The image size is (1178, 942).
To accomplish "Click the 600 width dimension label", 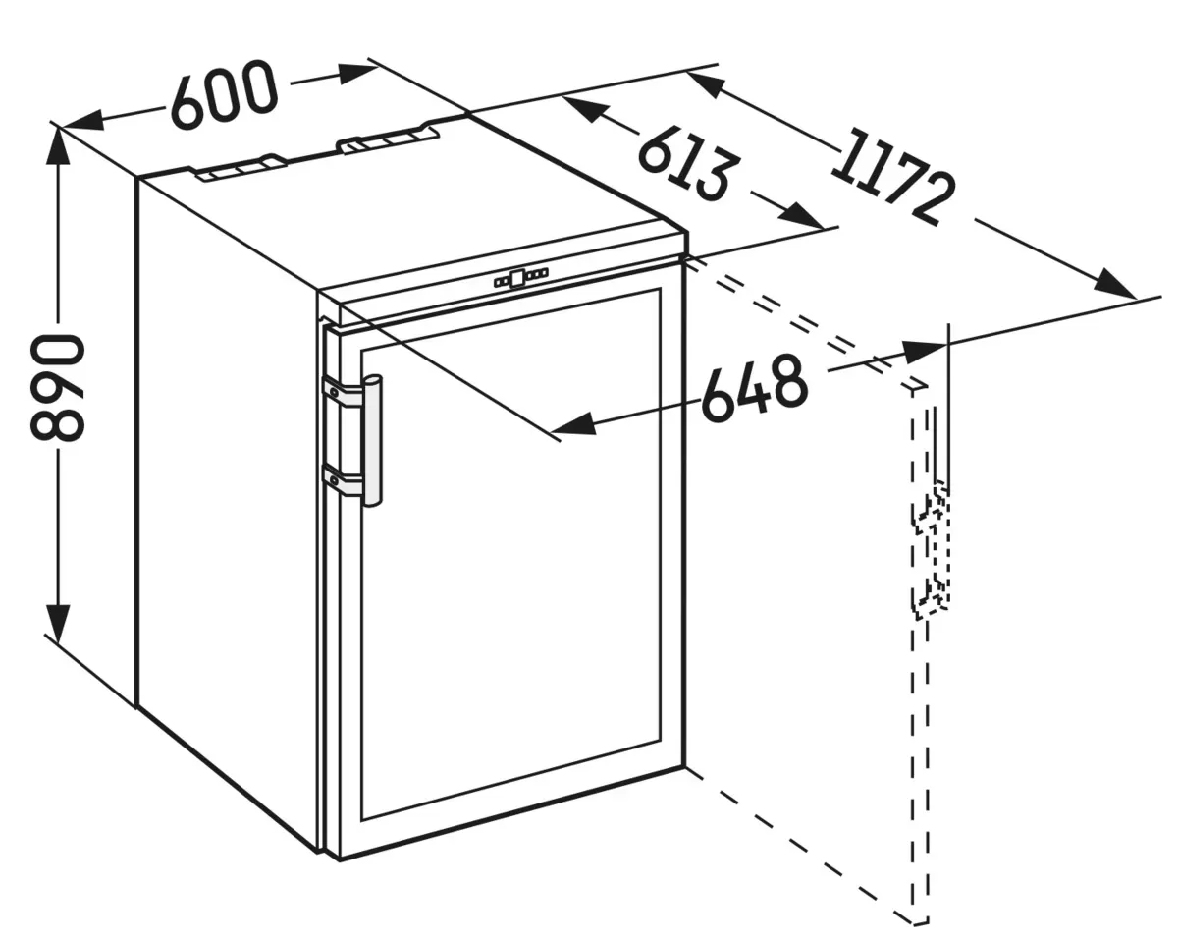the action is [x=223, y=94].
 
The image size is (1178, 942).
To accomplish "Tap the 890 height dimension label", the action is [x=58, y=388].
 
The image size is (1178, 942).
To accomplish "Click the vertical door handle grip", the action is [x=372, y=441].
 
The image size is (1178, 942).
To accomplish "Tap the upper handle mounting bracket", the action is [x=344, y=392].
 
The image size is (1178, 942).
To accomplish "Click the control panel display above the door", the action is [x=520, y=279].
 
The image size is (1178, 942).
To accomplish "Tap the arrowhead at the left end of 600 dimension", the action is [x=83, y=121].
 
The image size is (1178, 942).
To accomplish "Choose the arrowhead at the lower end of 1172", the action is [x=1115, y=284].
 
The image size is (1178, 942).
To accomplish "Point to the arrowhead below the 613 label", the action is [x=801, y=216].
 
